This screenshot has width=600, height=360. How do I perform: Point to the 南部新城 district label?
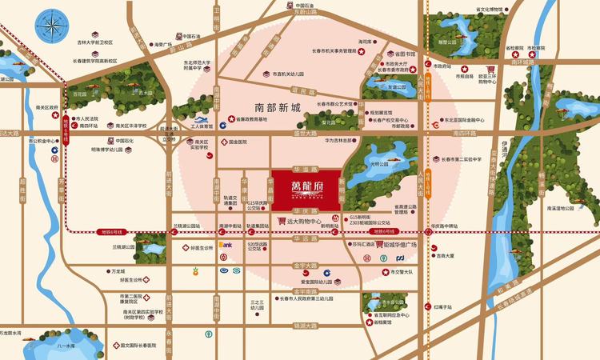pos(276,107)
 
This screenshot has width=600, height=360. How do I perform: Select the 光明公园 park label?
pos(379,164)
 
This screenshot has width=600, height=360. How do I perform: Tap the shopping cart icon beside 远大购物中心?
pos(282,221)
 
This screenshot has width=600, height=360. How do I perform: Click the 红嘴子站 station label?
pos(445,307)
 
